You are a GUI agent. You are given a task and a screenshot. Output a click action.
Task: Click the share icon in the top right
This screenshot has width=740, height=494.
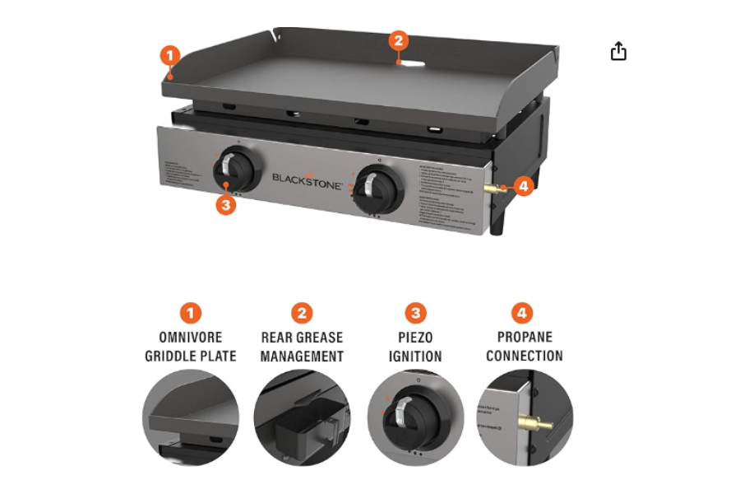[x=618, y=52]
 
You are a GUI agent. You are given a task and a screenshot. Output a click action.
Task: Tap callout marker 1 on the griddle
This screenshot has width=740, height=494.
[x=169, y=57]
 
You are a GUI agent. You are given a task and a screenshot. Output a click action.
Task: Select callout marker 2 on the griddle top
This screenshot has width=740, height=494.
[x=398, y=40]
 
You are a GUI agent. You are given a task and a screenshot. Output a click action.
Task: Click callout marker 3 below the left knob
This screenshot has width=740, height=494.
[x=226, y=204]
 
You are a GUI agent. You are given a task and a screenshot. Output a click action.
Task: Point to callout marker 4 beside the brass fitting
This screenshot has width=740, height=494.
[x=523, y=186]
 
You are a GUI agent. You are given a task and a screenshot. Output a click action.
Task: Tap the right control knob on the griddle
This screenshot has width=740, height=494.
[x=377, y=186]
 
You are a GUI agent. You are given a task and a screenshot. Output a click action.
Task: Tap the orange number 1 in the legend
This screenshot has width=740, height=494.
[x=191, y=313]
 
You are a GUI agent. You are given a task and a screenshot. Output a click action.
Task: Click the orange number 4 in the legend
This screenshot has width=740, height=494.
[x=523, y=313]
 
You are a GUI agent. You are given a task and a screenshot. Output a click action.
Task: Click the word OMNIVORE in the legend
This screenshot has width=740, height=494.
[x=191, y=338]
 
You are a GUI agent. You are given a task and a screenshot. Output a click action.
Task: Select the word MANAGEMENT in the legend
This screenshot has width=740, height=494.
[x=302, y=357]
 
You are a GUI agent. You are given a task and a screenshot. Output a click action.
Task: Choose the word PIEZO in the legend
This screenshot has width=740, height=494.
[x=416, y=338]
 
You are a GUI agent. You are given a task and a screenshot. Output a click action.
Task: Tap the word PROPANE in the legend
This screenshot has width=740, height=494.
[x=525, y=337]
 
